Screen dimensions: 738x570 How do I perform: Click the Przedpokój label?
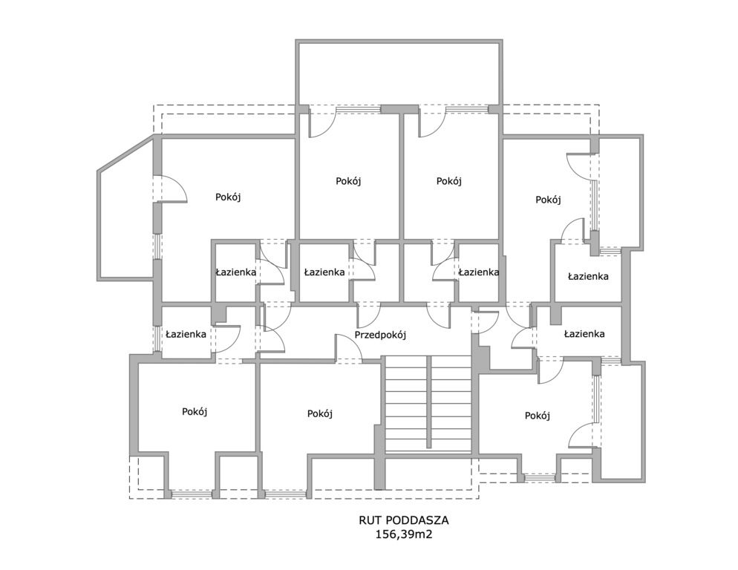click(380, 335)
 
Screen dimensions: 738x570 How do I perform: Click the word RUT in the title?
click(370, 520)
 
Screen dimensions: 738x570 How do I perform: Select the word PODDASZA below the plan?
click(417, 520)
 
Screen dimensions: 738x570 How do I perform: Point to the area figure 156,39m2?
click(403, 534)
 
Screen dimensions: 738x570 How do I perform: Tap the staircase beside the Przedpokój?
click(428, 404)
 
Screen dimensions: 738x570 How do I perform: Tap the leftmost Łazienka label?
click(186, 334)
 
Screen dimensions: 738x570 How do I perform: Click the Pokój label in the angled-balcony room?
click(228, 197)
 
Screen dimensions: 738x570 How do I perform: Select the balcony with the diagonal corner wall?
click(126, 209)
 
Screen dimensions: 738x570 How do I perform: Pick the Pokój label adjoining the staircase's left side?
click(319, 413)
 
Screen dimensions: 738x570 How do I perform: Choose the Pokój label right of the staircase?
click(538, 416)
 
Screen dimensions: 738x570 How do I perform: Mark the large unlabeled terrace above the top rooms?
click(399, 74)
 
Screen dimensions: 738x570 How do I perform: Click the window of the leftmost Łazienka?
click(157, 338)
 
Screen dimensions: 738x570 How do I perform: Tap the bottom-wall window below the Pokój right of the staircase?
click(540, 478)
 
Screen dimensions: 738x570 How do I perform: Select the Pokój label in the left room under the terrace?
click(348, 181)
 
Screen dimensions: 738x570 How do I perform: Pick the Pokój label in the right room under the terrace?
click(449, 181)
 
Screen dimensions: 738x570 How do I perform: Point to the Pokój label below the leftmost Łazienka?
click(195, 412)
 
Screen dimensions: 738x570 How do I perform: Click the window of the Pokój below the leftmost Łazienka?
click(192, 494)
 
